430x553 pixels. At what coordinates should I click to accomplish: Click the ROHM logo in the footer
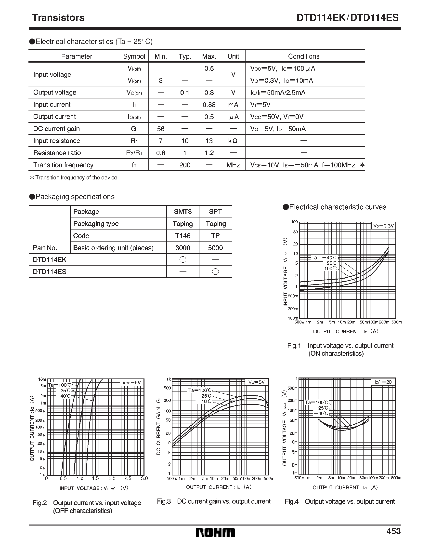[x=215, y=532]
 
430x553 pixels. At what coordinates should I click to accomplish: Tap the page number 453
[x=393, y=531]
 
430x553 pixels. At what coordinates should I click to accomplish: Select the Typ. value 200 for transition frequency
[x=185, y=165]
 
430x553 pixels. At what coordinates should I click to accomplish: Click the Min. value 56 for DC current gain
[x=161, y=129]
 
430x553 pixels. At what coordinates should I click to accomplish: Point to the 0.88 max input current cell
[x=209, y=105]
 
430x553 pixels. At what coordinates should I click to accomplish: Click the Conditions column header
[x=304, y=56]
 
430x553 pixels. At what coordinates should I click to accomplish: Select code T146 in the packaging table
[x=183, y=236]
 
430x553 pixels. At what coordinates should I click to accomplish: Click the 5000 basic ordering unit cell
[x=215, y=248]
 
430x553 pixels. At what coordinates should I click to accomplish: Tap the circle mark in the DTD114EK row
[x=183, y=259]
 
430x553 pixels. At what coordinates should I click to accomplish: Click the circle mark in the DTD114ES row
[x=215, y=272]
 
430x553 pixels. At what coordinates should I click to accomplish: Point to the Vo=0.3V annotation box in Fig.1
[x=383, y=226]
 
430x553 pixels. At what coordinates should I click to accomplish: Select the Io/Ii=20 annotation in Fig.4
[x=383, y=382]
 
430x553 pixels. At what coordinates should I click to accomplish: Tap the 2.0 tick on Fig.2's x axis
[x=112, y=478]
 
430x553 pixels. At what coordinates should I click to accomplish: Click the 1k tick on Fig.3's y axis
[x=169, y=379]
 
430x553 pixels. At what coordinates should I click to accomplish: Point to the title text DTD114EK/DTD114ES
[x=348, y=18]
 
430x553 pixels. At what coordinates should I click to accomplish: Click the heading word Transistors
[x=58, y=18]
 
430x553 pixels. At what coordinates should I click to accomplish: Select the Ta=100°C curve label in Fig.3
[x=199, y=390]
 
